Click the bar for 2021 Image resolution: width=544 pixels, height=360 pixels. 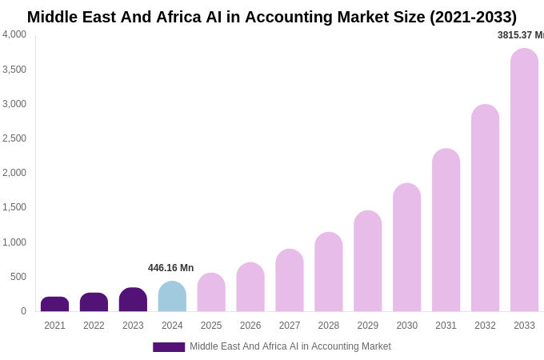click(54, 304)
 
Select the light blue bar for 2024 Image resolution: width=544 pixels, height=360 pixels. click(172, 297)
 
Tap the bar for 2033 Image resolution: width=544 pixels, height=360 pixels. click(524, 180)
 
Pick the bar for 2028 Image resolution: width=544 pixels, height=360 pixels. click(328, 272)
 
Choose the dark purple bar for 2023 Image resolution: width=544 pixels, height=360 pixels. click(133, 300)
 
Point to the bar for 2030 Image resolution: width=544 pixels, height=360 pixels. click(406, 247)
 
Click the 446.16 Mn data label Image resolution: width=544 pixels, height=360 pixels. click(170, 268)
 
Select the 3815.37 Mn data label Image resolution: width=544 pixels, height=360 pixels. click(520, 35)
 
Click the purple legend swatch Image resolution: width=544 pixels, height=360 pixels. click(169, 347)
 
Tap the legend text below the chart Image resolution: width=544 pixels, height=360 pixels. click(290, 346)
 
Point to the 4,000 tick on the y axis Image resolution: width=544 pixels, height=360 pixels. click(14, 34)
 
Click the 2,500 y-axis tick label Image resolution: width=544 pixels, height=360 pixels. click(14, 138)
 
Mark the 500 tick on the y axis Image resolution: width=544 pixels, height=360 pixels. click(18, 277)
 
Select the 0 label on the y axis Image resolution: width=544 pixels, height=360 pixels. click(23, 311)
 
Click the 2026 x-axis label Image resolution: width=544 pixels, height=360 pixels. click(250, 326)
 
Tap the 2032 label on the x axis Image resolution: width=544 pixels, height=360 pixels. click(485, 326)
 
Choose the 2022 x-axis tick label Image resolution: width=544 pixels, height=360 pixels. click(94, 326)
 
